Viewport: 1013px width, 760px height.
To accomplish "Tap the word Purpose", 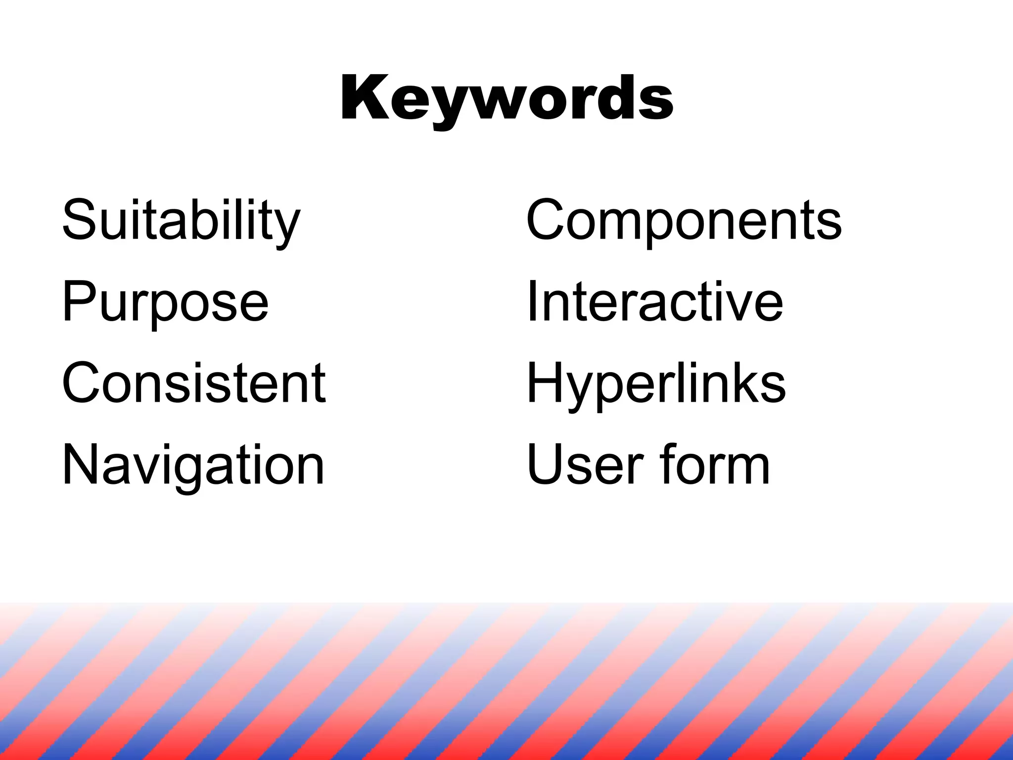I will coord(165,301).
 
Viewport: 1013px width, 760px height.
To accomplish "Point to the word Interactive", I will coord(655,301).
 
